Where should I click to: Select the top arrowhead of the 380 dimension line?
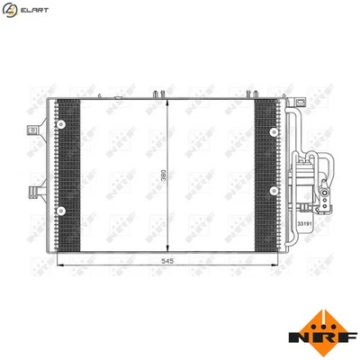pos(169,97)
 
